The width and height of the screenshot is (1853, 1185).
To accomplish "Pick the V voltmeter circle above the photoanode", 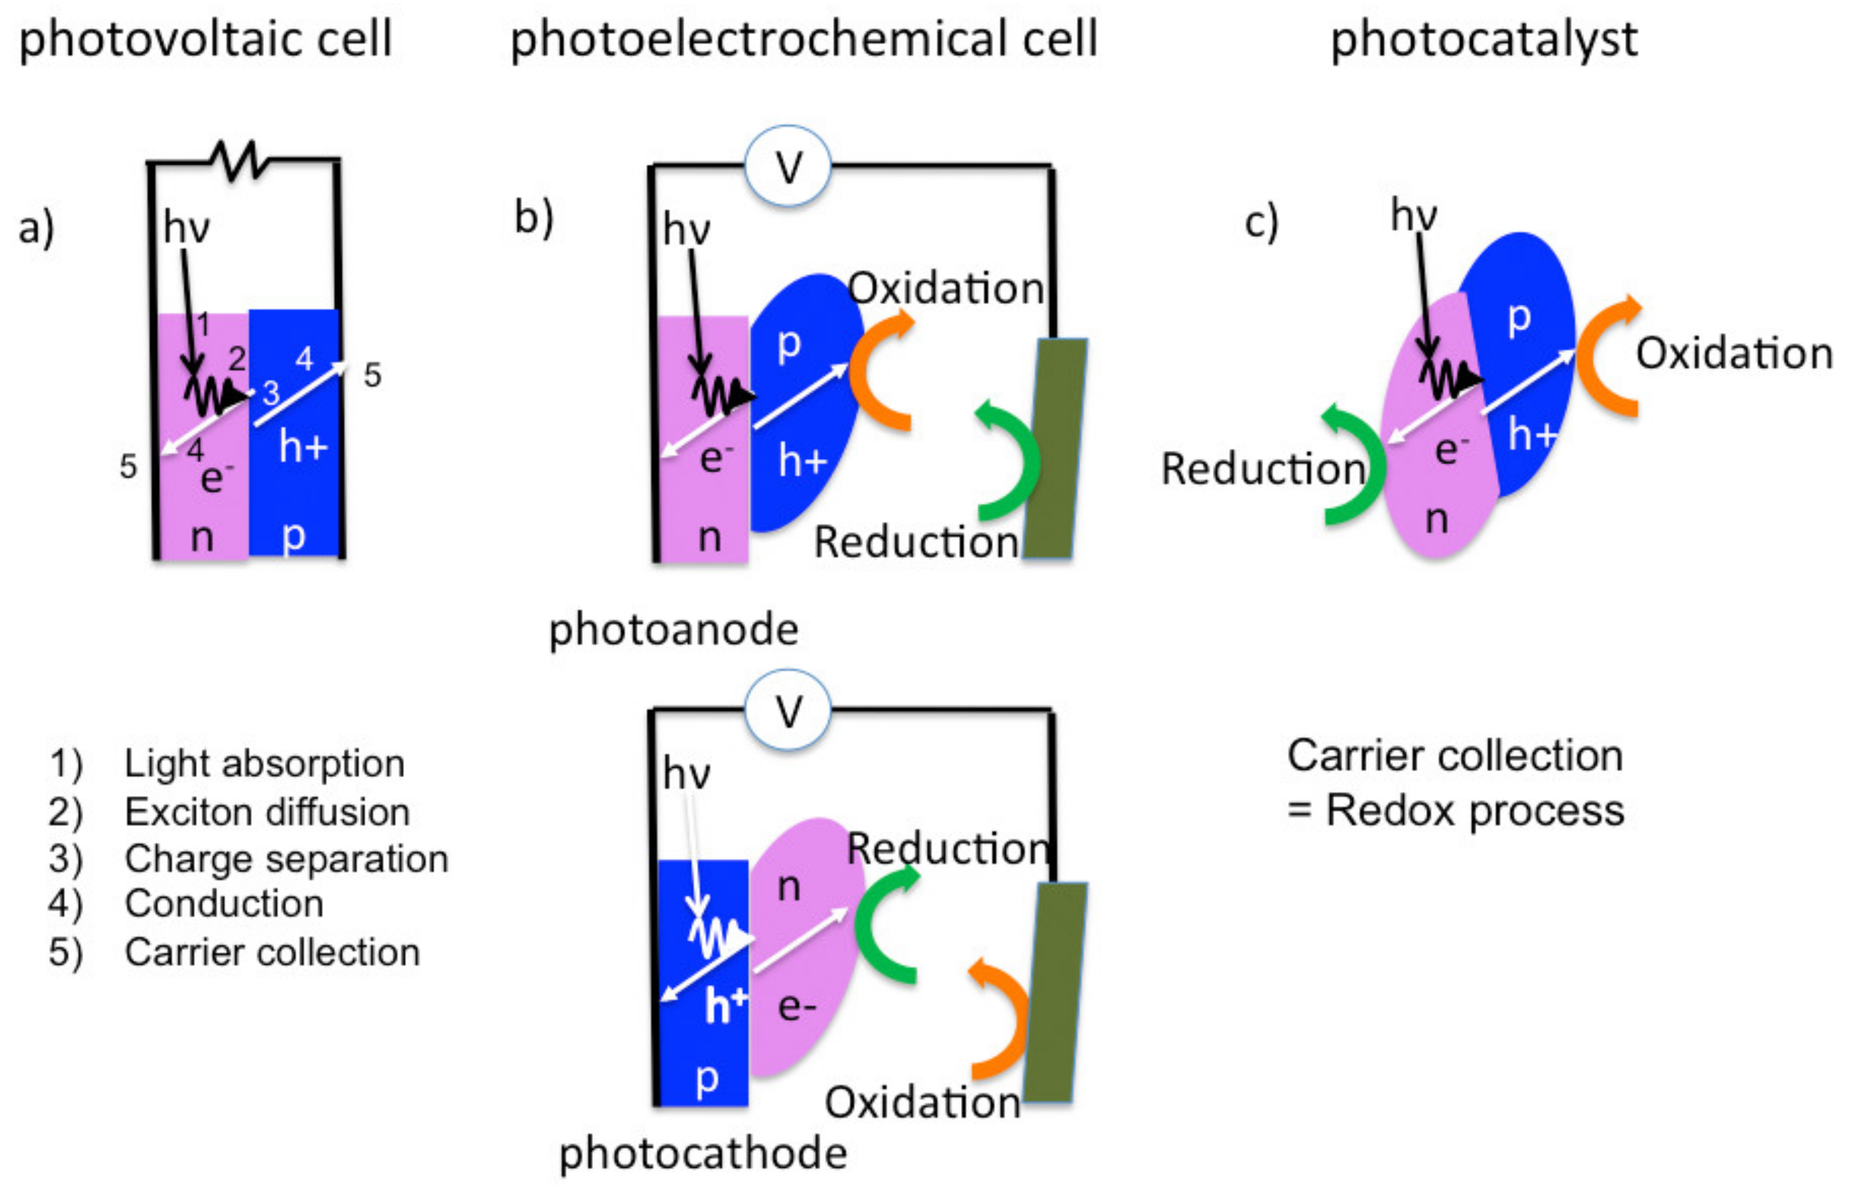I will click(788, 166).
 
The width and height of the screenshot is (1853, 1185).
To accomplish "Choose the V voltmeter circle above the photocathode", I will click(788, 710).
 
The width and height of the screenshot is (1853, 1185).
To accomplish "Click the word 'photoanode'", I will click(674, 629).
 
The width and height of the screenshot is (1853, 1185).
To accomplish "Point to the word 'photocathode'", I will click(703, 1153).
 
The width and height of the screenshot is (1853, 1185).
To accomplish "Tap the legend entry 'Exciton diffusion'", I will click(267, 812).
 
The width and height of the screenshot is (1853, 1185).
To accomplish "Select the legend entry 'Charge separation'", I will click(286, 859).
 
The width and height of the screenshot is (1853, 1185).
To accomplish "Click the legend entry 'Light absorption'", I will click(265, 763).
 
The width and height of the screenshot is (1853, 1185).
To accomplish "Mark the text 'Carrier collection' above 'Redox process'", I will click(1455, 755).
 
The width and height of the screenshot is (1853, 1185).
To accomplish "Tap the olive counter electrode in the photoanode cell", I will click(1055, 448).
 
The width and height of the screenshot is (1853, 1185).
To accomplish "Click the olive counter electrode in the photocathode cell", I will click(1055, 993).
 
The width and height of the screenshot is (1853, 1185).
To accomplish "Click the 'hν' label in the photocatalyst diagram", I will click(1413, 215).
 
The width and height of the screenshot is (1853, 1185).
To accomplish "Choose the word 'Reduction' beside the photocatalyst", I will click(1262, 469).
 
